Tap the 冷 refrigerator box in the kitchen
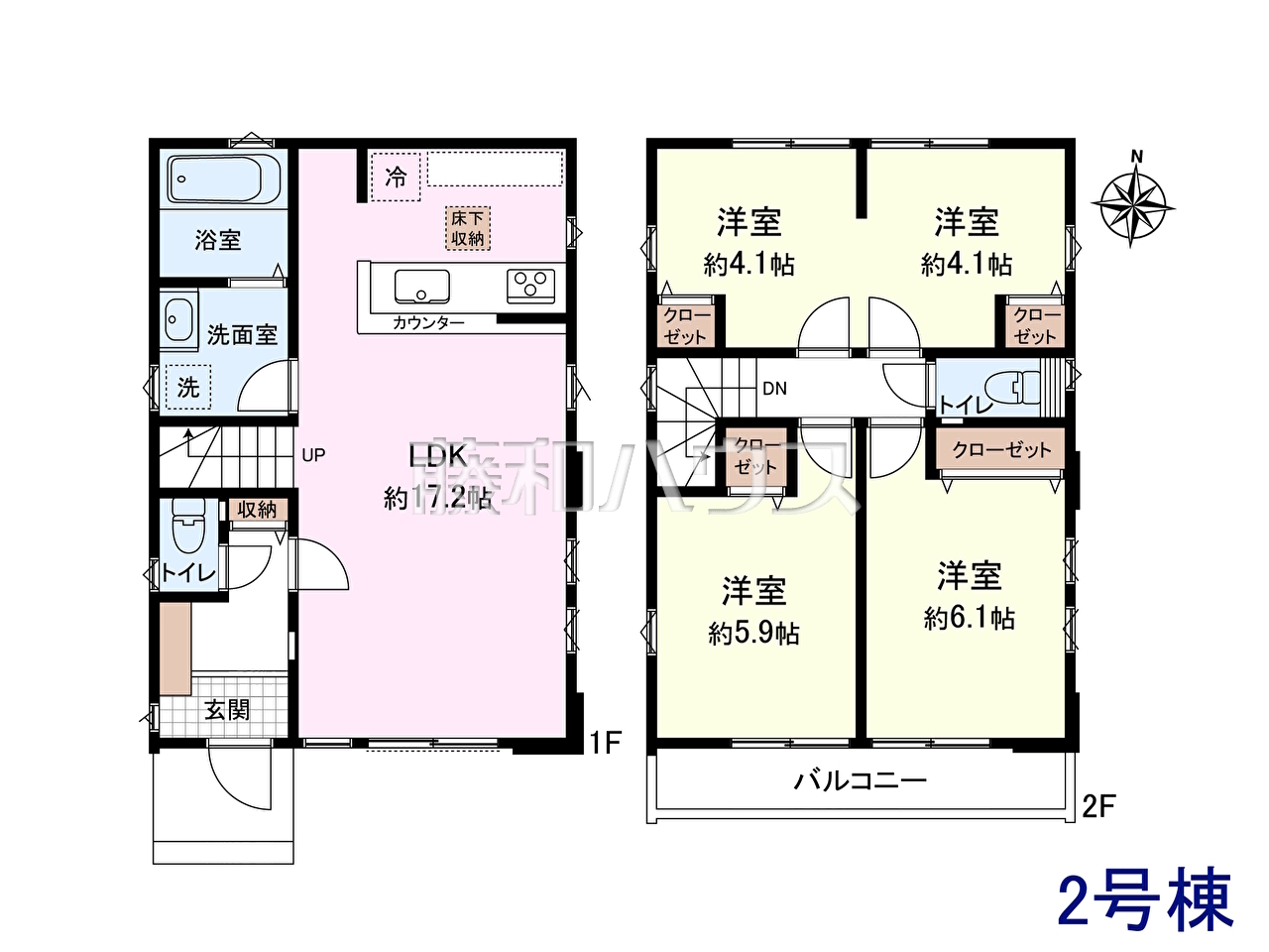[396, 177]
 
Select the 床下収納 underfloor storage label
[468, 228]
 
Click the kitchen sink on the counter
[422, 287]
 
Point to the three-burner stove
[530, 286]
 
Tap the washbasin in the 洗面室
[178, 320]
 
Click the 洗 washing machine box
[188, 387]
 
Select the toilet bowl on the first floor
[188, 526]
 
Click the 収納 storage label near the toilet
[257, 510]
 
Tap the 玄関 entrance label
[227, 710]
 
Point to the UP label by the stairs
[314, 455]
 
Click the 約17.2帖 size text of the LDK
[437, 498]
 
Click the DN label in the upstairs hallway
[774, 389]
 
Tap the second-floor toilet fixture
[1011, 387]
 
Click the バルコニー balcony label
[860, 782]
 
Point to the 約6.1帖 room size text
[969, 619]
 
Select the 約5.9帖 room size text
[753, 634]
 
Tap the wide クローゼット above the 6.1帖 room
[1000, 449]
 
